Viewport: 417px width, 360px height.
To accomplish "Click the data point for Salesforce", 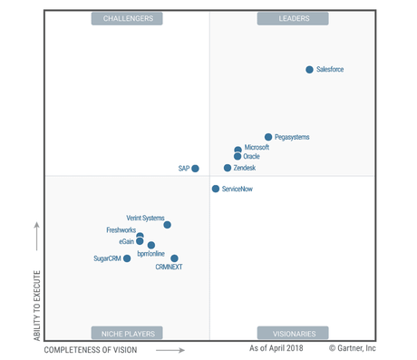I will click(x=309, y=70).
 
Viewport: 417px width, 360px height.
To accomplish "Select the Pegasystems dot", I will click(x=268, y=137).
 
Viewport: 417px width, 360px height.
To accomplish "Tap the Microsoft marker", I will click(x=238, y=149).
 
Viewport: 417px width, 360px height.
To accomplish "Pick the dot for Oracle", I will click(x=238, y=157).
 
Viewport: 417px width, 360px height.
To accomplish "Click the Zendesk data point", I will click(x=228, y=168).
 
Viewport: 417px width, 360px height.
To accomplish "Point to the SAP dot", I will click(x=195, y=168).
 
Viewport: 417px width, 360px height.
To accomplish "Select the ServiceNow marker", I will click(x=216, y=189).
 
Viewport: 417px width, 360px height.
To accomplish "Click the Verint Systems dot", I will click(x=167, y=225).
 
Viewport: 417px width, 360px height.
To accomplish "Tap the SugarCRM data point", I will click(x=127, y=258).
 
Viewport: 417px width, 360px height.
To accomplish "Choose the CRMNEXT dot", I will click(x=174, y=258).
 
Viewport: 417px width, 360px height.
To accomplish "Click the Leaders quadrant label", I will click(x=293, y=18).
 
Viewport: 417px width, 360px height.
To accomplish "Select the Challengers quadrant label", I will click(x=128, y=18).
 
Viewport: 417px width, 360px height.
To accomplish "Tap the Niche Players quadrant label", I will click(x=128, y=333).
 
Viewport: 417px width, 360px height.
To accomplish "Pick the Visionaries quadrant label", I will click(x=293, y=333).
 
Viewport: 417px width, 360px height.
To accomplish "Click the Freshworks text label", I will click(x=121, y=230).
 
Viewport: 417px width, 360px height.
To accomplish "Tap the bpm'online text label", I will click(x=150, y=254).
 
